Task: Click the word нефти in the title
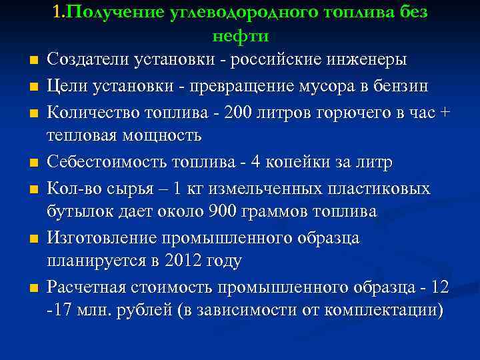pyautogui.click(x=240, y=35)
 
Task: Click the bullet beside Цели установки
pyautogui.click(x=31, y=87)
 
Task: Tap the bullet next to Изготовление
pyautogui.click(x=31, y=238)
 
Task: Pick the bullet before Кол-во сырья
pyautogui.click(x=31, y=189)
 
